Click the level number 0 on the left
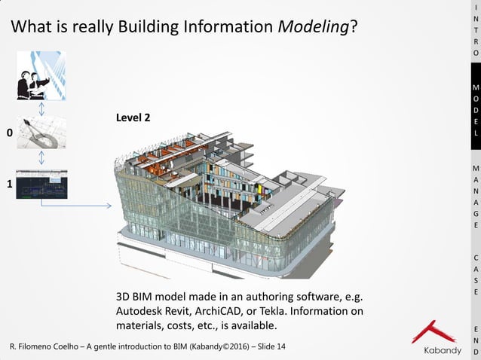coord(10,133)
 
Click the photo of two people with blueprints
coord(41,75)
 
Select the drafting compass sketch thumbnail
coord(41,133)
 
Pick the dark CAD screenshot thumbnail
coord(41,183)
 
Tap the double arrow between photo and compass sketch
coord(41,108)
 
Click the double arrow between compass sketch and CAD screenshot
coord(41,159)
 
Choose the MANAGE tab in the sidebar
coord(475,196)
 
